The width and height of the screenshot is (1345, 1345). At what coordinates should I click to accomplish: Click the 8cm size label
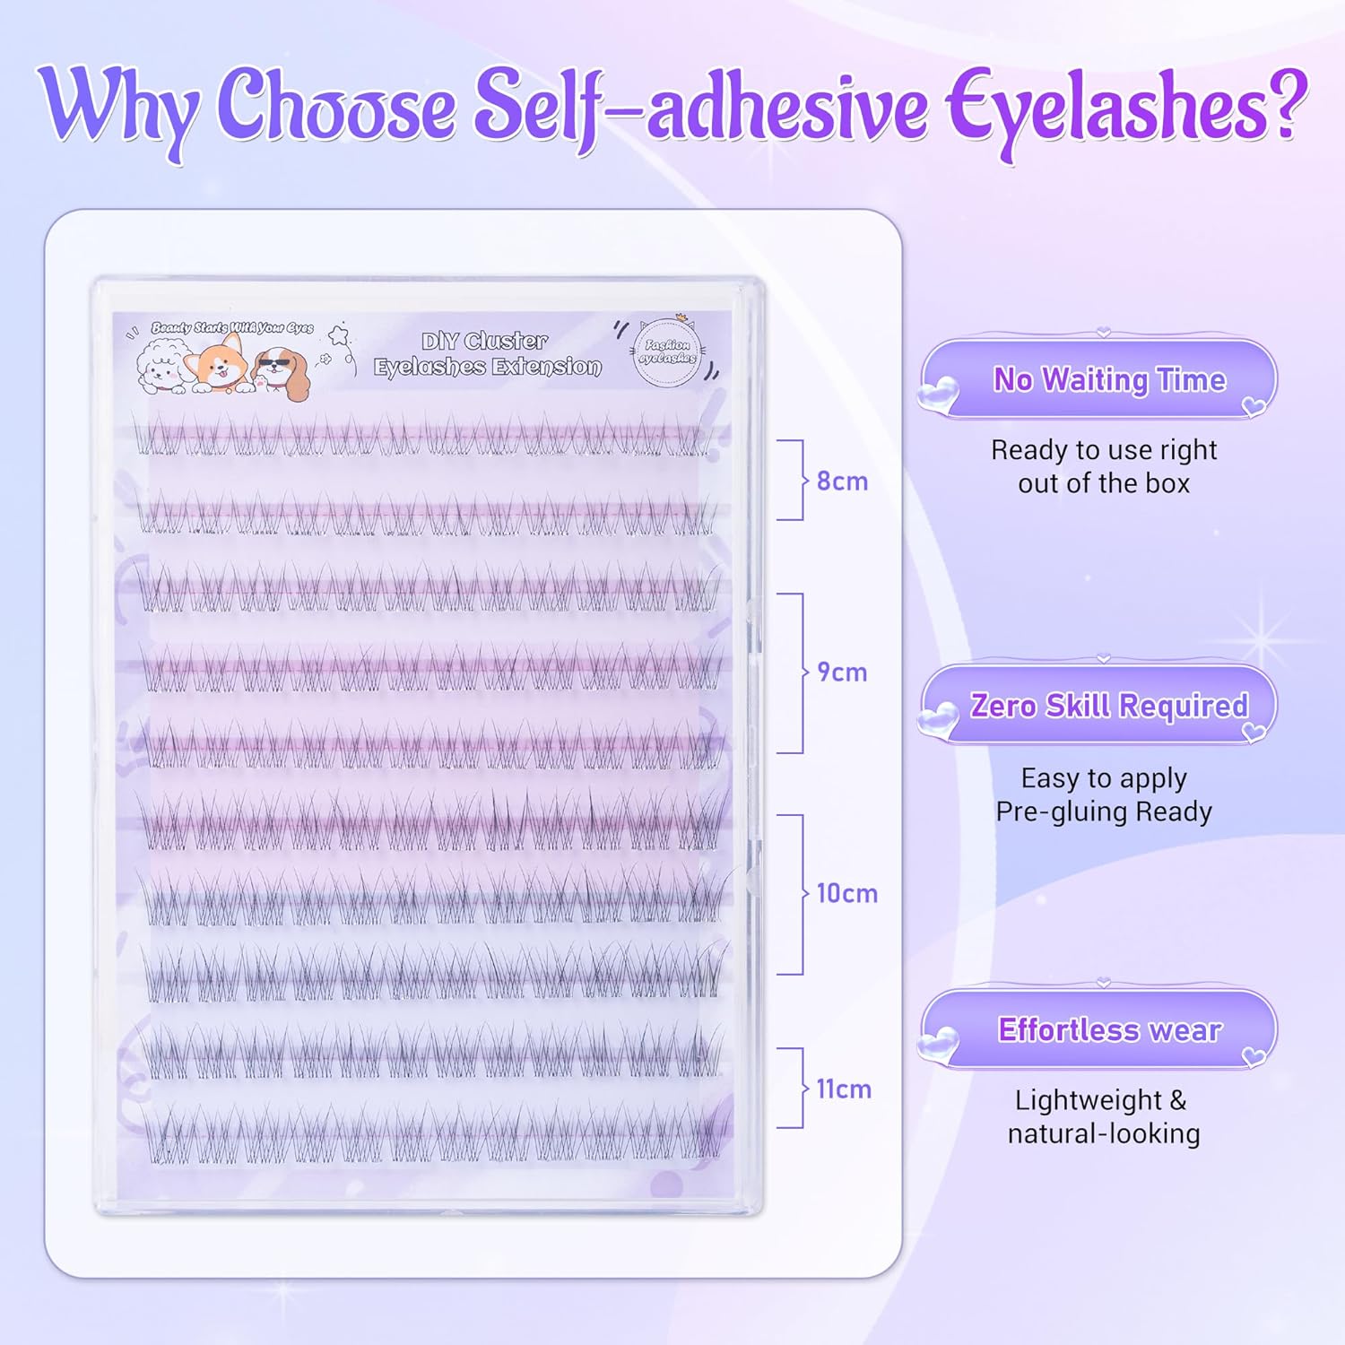(x=842, y=482)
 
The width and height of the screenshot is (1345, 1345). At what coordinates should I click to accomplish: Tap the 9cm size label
(x=842, y=672)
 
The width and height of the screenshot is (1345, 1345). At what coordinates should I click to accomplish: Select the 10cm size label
(x=846, y=894)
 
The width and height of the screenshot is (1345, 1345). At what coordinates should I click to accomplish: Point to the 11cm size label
(x=844, y=1089)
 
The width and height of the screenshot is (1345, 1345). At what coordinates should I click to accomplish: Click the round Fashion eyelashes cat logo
(x=667, y=352)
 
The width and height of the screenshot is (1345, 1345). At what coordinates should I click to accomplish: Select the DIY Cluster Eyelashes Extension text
(x=487, y=354)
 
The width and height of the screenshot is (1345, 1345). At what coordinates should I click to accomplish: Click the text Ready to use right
(x=1104, y=450)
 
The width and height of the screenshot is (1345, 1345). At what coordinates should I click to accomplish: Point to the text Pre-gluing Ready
(x=1104, y=812)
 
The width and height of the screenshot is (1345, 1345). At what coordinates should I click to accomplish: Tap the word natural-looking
(x=1104, y=1134)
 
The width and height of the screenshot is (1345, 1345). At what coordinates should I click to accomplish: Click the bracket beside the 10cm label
(x=792, y=894)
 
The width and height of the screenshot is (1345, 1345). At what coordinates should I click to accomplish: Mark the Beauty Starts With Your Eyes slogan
(x=231, y=328)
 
